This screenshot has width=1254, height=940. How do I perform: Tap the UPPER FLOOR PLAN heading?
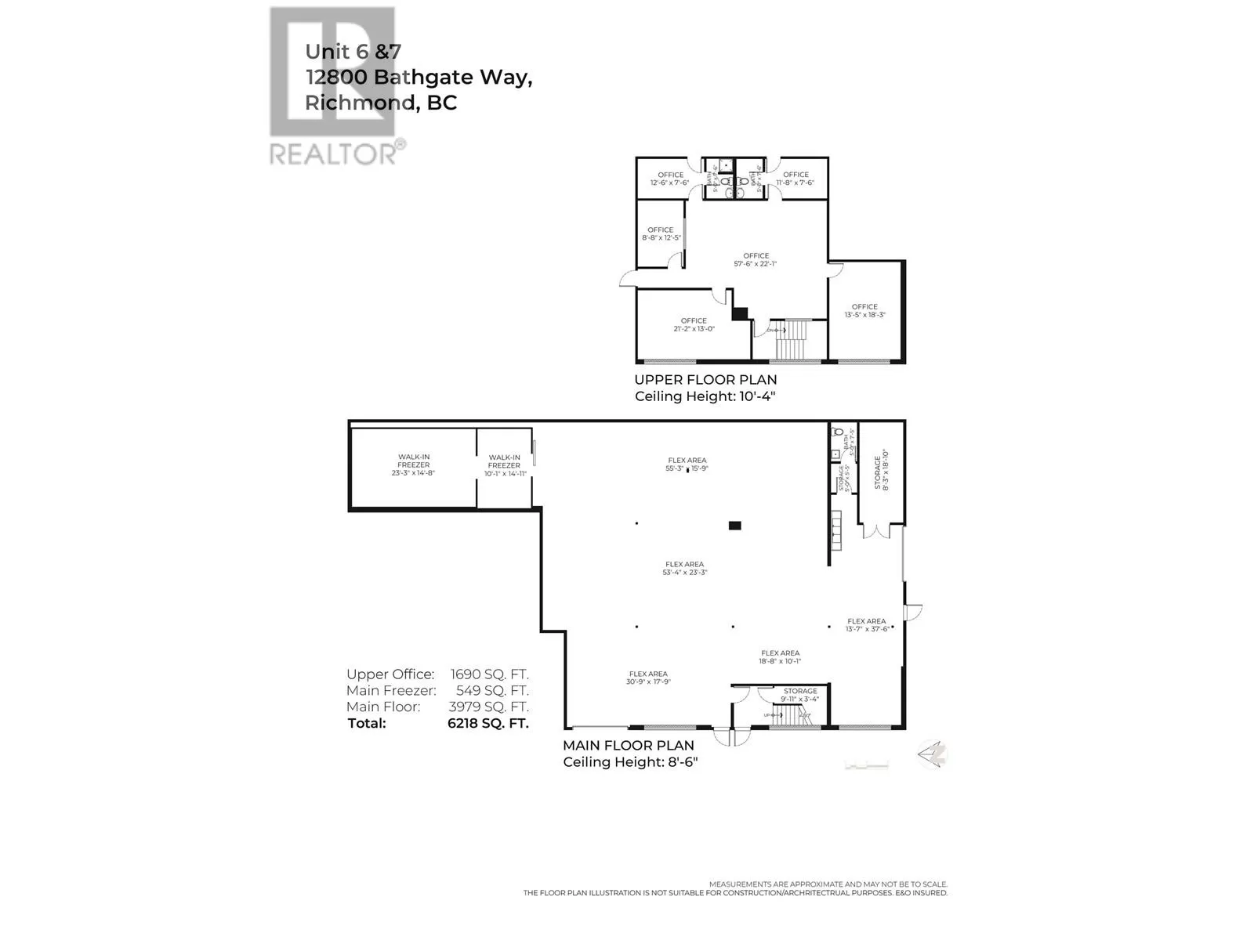tap(705, 380)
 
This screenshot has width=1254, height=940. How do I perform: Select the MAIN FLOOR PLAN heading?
tap(629, 746)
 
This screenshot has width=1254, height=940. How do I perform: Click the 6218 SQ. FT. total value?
tap(488, 723)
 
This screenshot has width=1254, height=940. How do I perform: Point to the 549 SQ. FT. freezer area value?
tap(492, 691)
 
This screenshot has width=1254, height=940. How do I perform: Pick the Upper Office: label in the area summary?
tap(390, 674)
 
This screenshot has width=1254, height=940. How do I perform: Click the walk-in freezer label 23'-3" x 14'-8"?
tap(413, 465)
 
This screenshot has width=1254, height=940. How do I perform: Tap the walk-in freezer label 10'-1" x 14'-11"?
tap(504, 466)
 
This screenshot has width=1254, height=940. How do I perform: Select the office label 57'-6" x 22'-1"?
tap(756, 260)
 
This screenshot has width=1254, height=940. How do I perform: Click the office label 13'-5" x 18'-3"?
tap(864, 311)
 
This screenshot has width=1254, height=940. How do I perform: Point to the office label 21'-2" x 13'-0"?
tap(694, 325)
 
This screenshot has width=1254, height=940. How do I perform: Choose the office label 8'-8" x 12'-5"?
tap(661, 234)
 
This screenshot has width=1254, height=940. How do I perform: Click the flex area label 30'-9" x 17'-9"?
tap(648, 678)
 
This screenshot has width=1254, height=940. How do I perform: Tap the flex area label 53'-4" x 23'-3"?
tap(684, 569)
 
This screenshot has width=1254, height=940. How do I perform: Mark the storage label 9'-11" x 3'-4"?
tap(800, 696)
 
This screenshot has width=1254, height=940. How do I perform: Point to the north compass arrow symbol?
tap(932, 754)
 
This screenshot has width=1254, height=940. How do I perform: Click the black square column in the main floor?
tap(734, 526)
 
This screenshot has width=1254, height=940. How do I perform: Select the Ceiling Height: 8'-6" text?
tap(630, 762)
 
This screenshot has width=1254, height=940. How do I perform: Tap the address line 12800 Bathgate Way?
tap(419, 77)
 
